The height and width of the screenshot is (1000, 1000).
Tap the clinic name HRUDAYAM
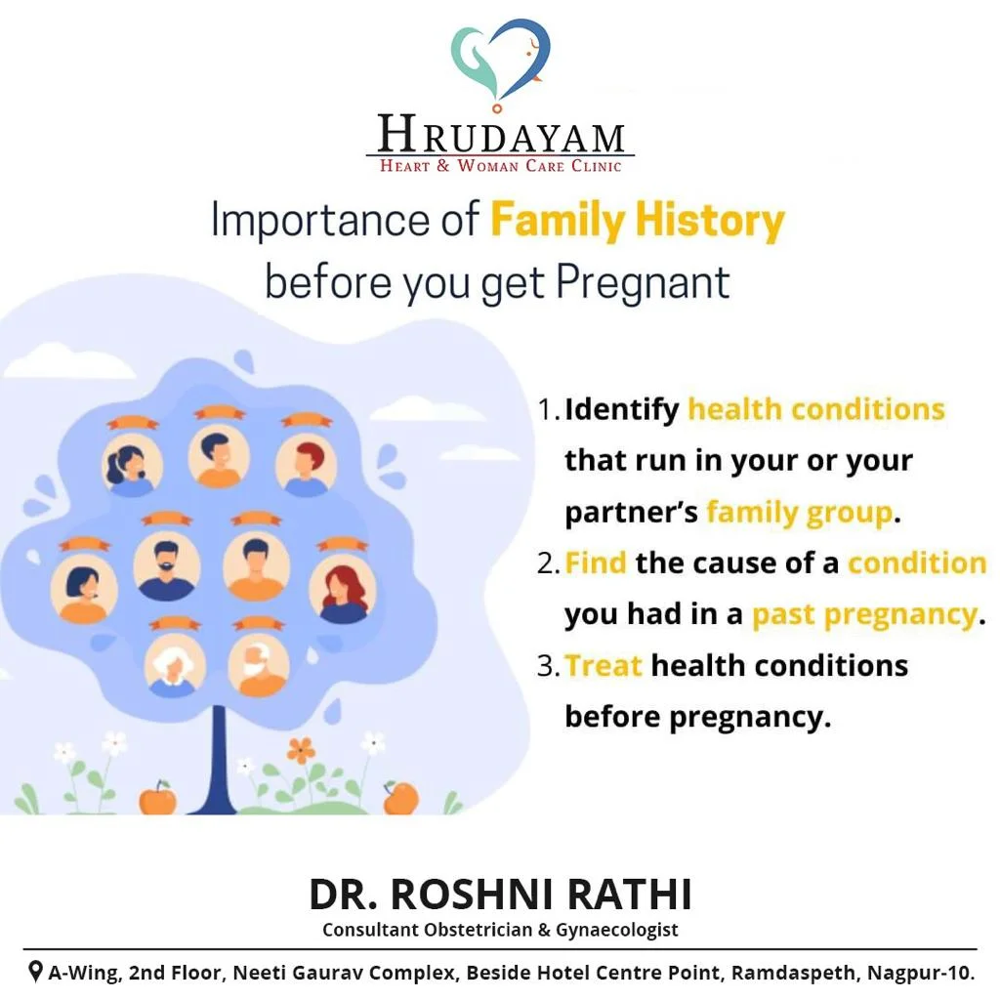(x=501, y=134)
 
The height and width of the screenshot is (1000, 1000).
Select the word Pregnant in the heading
(x=643, y=282)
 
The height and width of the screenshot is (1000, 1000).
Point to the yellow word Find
(x=596, y=563)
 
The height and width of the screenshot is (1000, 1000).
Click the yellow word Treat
(x=603, y=666)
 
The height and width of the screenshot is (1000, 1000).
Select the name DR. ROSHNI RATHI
(x=501, y=895)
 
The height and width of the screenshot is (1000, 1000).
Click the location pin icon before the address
(x=36, y=972)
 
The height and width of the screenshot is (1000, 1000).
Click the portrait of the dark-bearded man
(x=166, y=566)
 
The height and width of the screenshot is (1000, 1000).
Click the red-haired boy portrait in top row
(x=306, y=464)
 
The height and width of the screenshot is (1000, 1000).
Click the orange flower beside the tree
(x=301, y=750)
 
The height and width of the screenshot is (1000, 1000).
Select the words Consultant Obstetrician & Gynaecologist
(x=501, y=930)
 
